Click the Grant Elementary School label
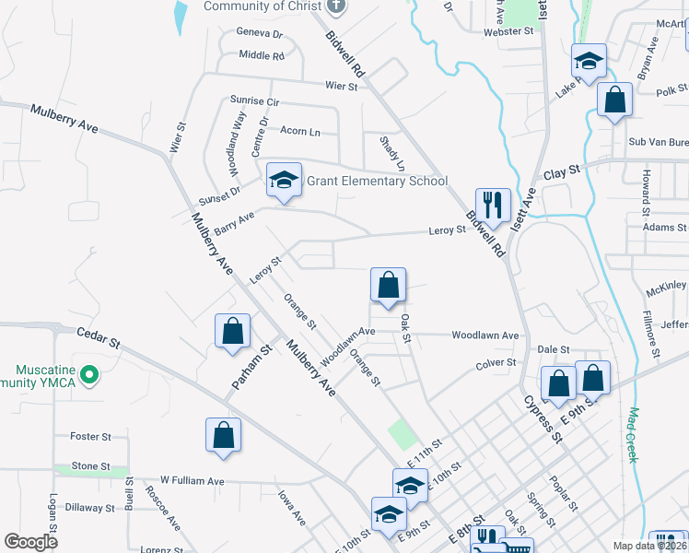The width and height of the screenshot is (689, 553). pyautogui.click(x=377, y=181)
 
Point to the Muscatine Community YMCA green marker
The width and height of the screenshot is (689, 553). pyautogui.click(x=88, y=374)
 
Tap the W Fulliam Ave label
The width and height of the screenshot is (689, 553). pyautogui.click(x=192, y=480)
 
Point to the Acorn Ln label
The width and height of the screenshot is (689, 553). pyautogui.click(x=299, y=132)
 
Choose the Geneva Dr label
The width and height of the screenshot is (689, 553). pyautogui.click(x=260, y=33)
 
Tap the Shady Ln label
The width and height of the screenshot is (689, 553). pyautogui.click(x=392, y=153)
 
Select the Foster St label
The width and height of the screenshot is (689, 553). pyautogui.click(x=90, y=436)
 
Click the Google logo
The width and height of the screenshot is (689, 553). pyautogui.click(x=31, y=542)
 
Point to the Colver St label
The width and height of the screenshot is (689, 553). pyautogui.click(x=496, y=363)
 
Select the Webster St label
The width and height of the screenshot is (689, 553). pyautogui.click(x=509, y=31)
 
